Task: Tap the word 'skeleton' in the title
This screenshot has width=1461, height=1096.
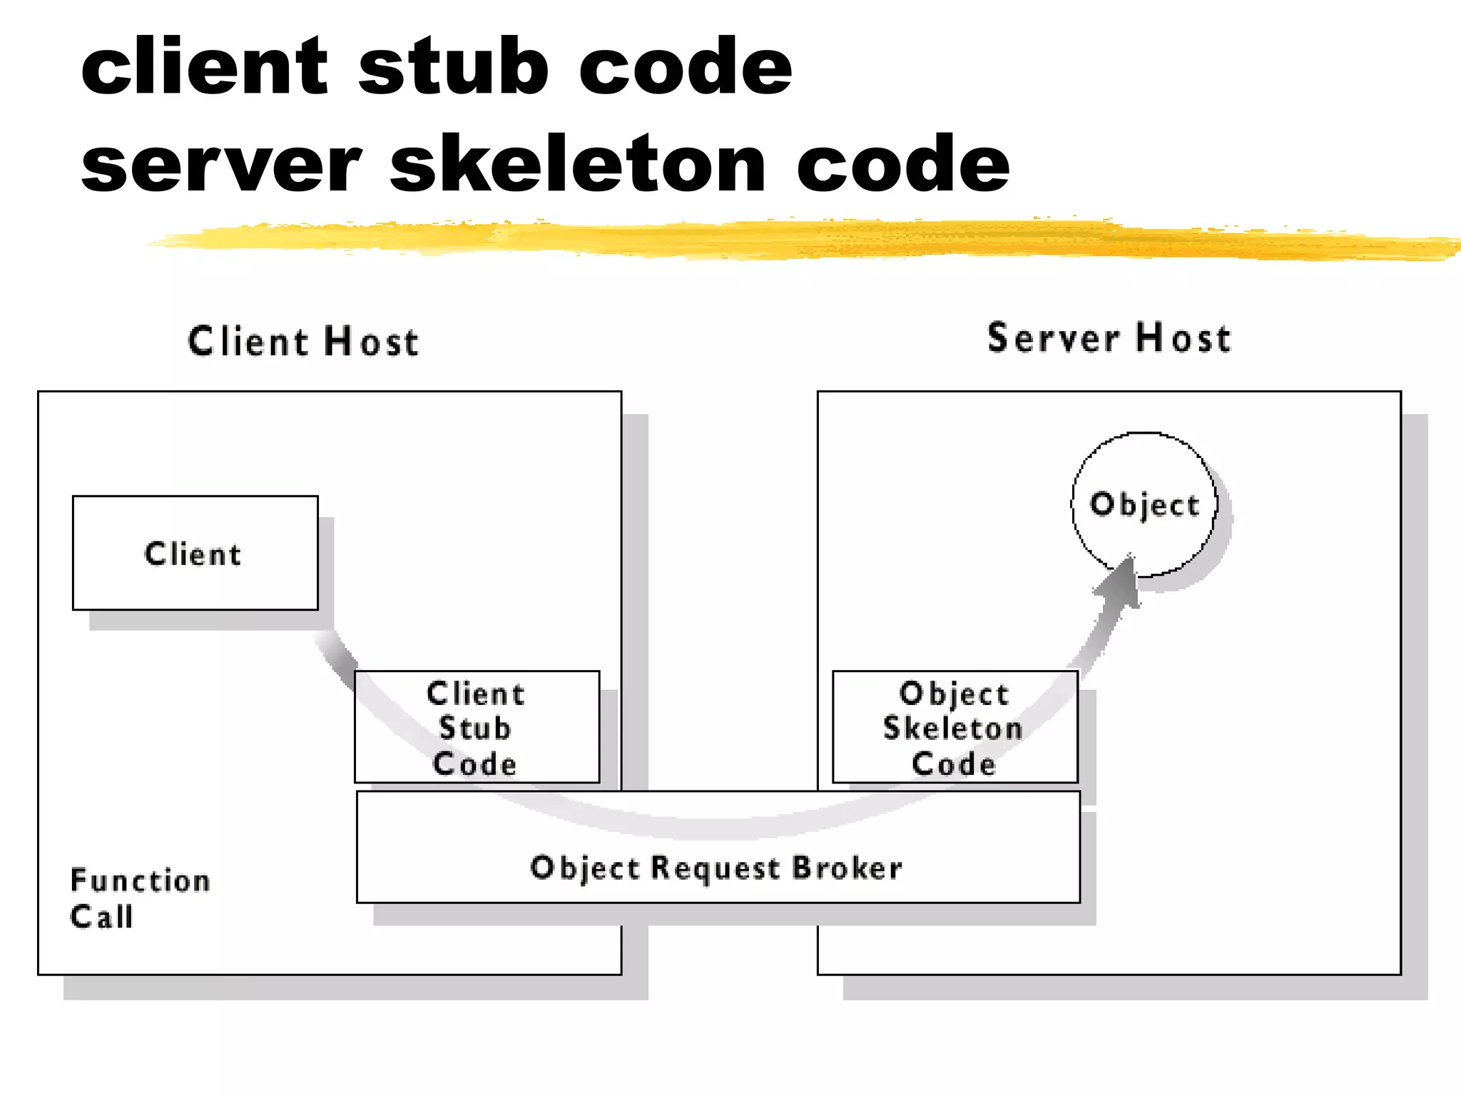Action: tap(578, 165)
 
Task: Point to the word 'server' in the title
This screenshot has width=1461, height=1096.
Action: tap(222, 166)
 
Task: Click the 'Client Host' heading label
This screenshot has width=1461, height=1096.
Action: tap(303, 341)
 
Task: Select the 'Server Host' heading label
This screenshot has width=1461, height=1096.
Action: tap(1109, 338)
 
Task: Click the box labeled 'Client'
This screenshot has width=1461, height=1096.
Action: tap(195, 553)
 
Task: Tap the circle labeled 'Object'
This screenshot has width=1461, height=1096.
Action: tap(1144, 504)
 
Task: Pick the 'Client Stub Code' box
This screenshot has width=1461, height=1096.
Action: tap(477, 727)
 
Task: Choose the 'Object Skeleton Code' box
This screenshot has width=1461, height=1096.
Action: tap(955, 727)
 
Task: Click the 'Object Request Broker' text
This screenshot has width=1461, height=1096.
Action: tap(717, 868)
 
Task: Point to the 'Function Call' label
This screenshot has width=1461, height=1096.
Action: tap(139, 898)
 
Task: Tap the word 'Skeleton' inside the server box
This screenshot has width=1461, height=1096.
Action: tap(953, 728)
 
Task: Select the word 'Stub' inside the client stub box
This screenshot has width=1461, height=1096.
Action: tap(475, 728)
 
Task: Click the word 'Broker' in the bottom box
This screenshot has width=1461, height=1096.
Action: tap(847, 868)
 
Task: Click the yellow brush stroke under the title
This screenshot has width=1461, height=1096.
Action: tap(785, 239)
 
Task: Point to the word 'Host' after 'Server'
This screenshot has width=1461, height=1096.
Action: tap(1183, 338)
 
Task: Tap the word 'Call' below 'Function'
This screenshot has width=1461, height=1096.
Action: tap(102, 916)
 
